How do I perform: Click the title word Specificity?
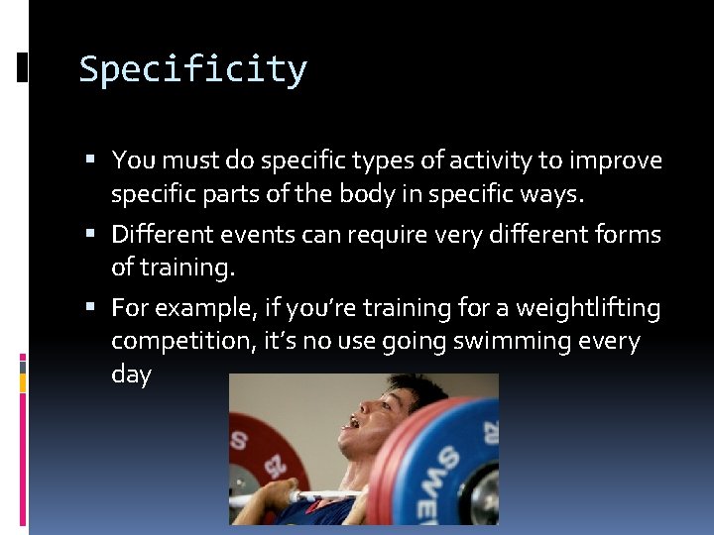point(193,70)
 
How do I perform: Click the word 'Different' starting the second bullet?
point(159,235)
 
